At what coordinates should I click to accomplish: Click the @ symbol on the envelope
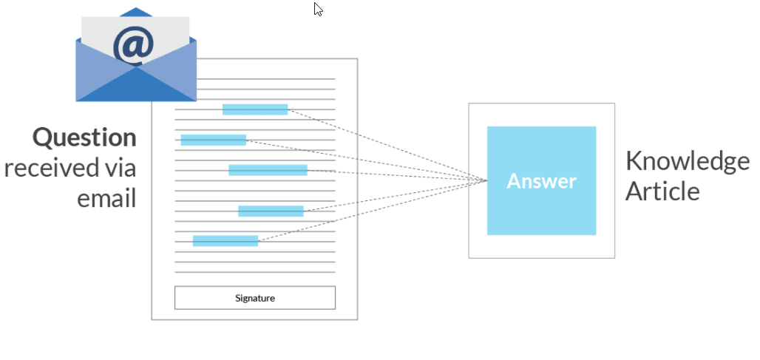134,47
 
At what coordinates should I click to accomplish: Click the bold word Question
84,137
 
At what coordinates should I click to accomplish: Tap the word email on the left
107,197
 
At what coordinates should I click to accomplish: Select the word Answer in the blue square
541,181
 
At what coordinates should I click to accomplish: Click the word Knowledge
687,161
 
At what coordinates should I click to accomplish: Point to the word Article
662,191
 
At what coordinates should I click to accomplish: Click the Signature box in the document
254,298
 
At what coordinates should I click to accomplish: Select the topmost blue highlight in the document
255,109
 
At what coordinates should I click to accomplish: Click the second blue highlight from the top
213,140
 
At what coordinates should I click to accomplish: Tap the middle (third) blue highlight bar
268,170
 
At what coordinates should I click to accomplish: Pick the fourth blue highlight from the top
271,211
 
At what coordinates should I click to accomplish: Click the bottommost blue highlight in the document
225,240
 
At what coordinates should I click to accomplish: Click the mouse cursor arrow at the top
317,9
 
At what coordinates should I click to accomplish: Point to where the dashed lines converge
486,180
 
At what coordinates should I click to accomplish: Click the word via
118,168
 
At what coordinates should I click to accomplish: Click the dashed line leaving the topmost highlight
384,144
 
